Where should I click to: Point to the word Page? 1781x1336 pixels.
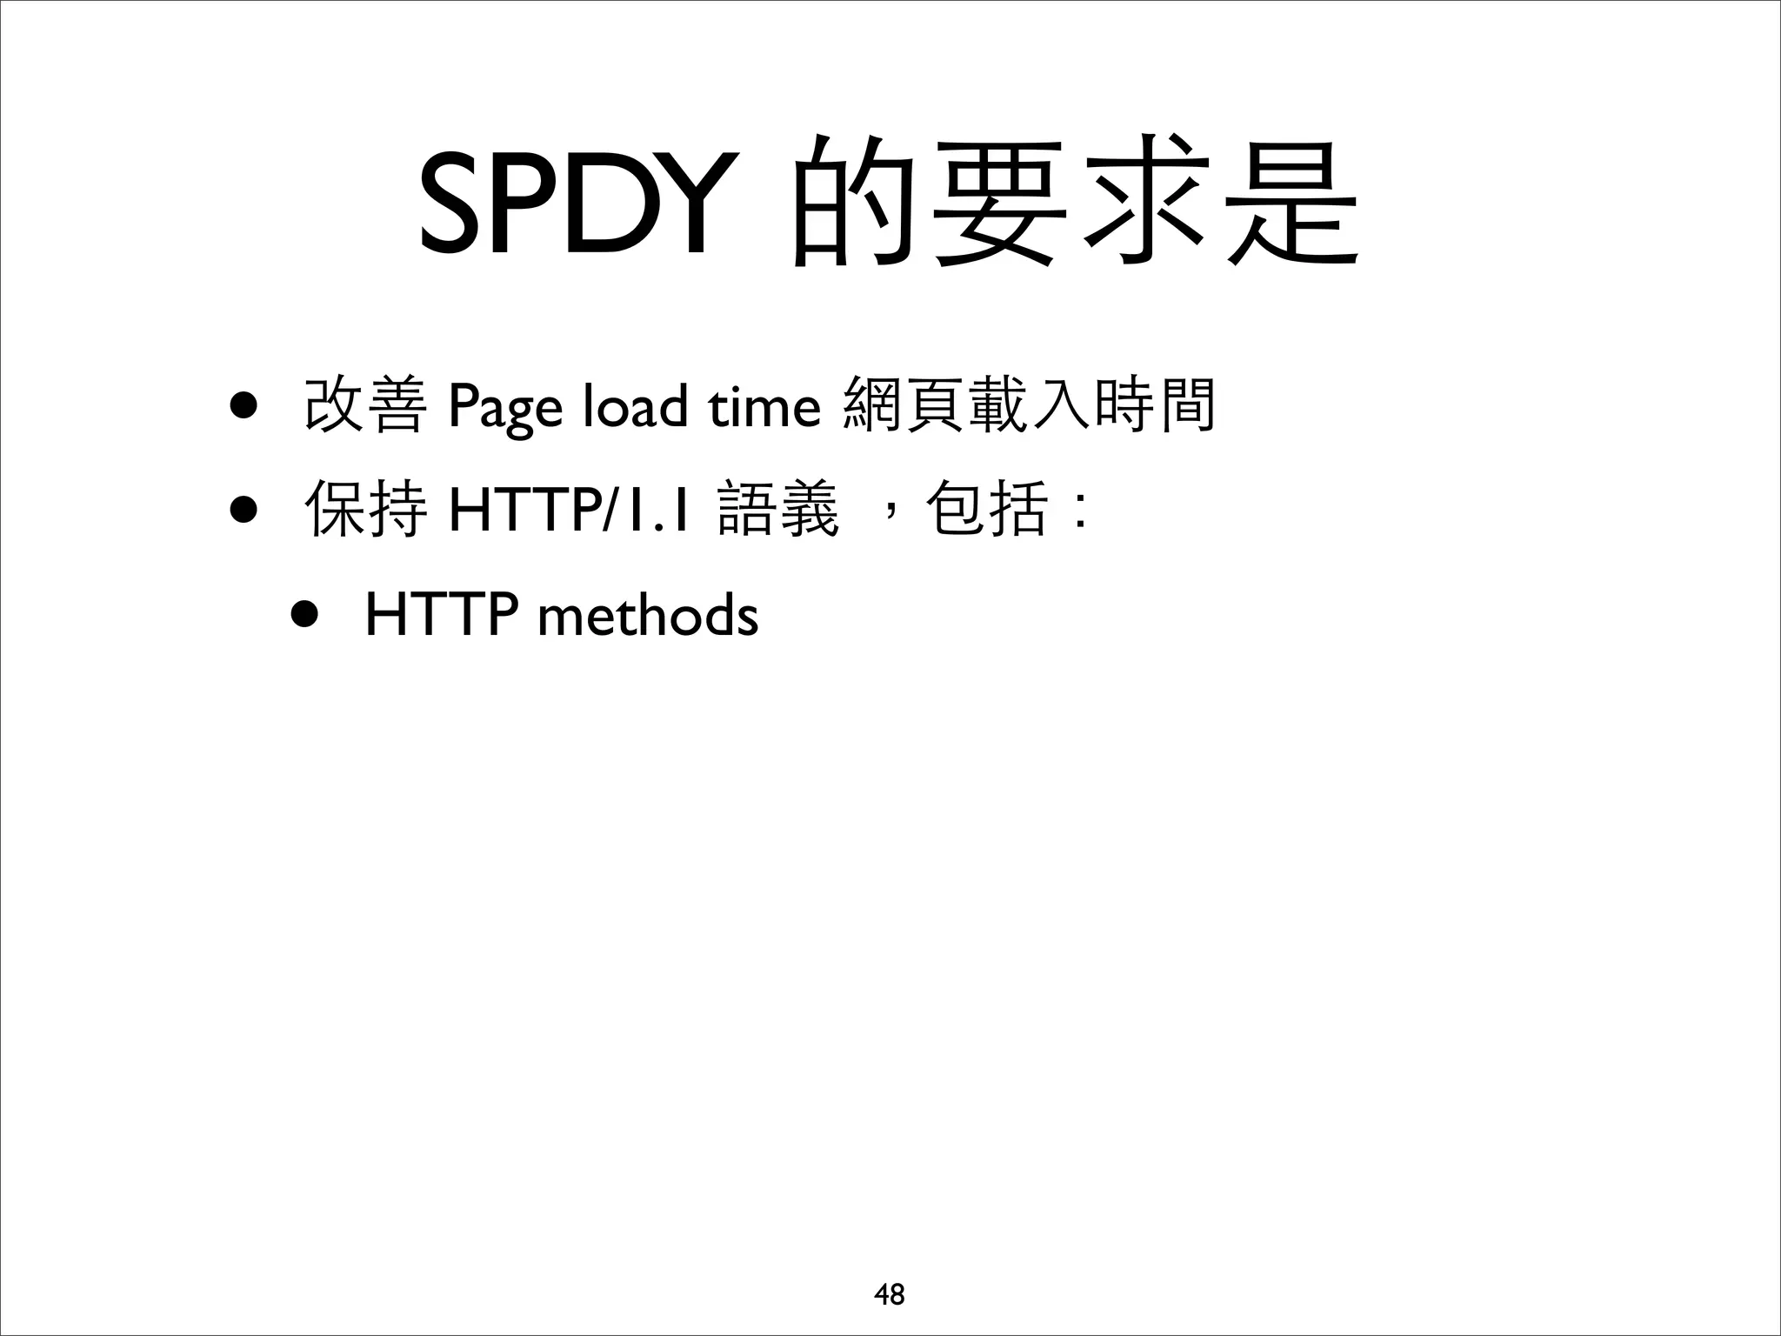coord(505,407)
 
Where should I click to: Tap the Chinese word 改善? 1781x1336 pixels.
coord(366,405)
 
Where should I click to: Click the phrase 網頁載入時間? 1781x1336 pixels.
coord(1029,405)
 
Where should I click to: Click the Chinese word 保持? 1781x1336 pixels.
coord(366,511)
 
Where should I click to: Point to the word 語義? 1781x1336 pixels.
coord(777,511)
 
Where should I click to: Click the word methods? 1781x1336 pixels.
coord(648,615)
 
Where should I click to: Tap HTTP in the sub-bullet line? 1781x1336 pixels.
coord(441,615)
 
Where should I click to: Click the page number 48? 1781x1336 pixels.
coord(890,1294)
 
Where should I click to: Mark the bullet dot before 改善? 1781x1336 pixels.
coord(243,406)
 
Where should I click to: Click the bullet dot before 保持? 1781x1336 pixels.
coord(243,511)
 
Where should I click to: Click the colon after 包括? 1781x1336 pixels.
coord(1081,512)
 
